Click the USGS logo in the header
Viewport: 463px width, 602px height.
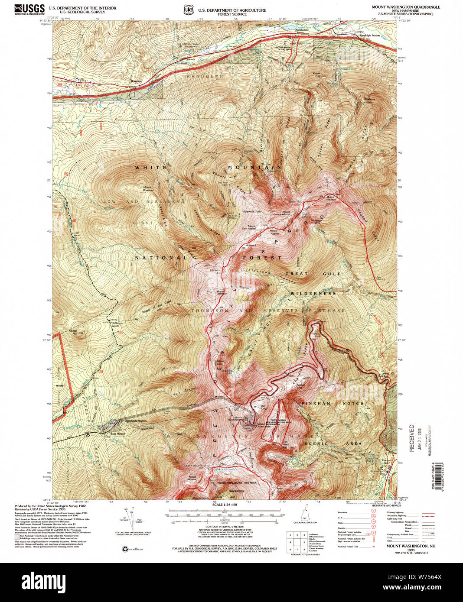pos(29,9)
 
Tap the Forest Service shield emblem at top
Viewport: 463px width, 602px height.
pos(188,10)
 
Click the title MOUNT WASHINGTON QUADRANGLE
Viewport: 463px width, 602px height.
pos(405,7)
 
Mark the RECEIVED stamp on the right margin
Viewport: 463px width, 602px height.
pos(411,438)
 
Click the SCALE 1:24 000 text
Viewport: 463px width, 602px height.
pos(225,505)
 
